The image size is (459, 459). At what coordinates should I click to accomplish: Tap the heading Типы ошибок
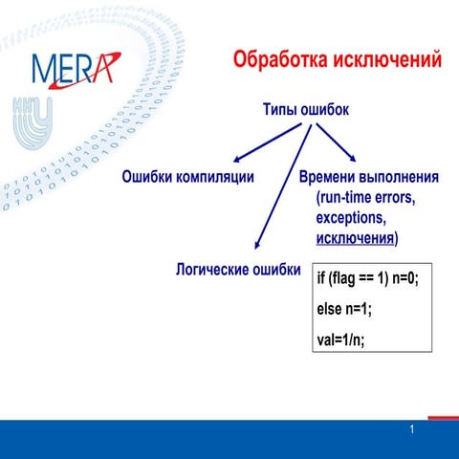(x=305, y=111)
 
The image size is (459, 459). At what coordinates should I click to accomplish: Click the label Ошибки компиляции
(x=187, y=177)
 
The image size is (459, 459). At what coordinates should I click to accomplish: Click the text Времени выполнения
(x=368, y=178)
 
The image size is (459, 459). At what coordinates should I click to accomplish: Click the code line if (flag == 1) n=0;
(x=367, y=278)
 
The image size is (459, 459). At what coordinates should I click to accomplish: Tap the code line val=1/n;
(x=340, y=339)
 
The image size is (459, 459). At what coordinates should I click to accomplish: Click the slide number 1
(x=411, y=430)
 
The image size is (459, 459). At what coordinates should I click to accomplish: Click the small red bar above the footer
(x=442, y=417)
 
